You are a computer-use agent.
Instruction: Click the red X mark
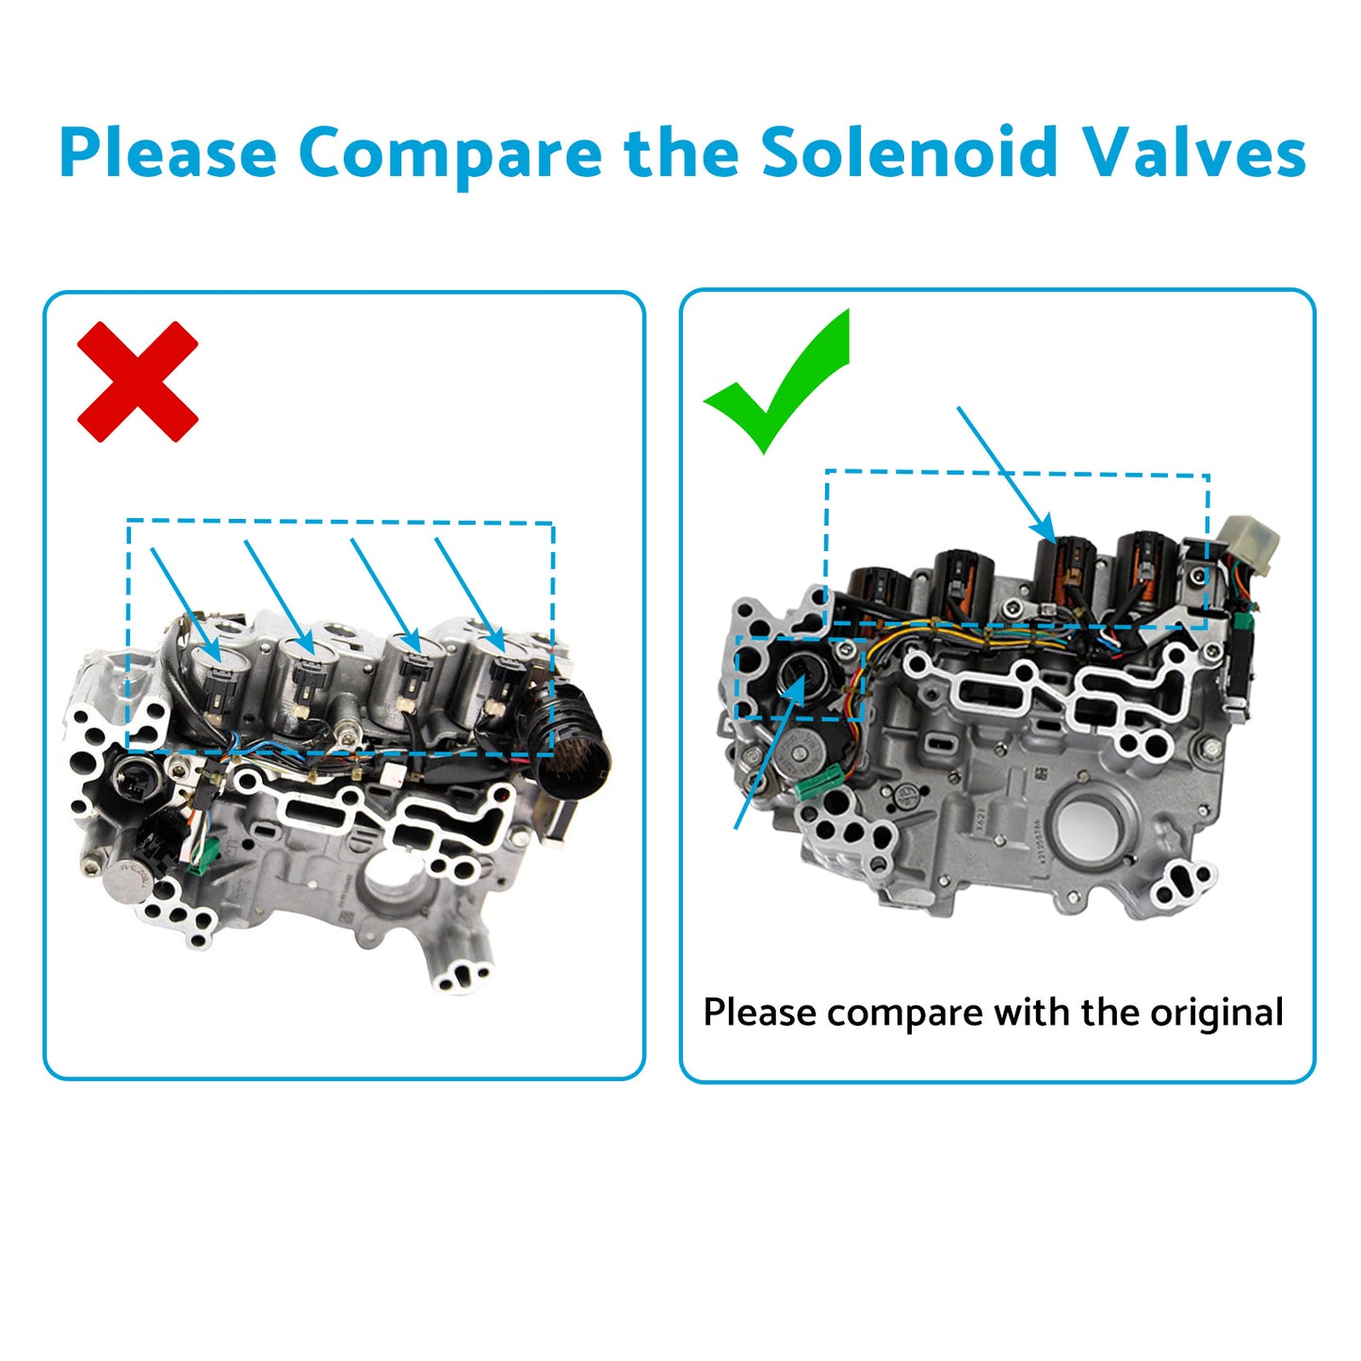point(138,381)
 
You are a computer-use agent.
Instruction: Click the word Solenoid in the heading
point(909,153)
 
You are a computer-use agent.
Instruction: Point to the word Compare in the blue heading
point(450,154)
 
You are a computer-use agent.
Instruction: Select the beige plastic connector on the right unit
point(1249,543)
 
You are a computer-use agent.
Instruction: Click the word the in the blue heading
point(681,153)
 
